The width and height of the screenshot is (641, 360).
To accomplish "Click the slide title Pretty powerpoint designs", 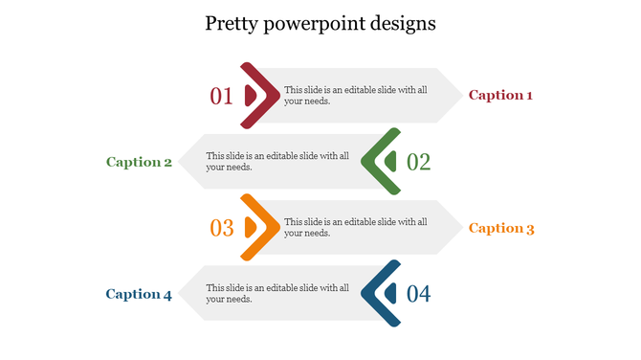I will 320,24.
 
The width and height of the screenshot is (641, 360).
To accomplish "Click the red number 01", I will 221,96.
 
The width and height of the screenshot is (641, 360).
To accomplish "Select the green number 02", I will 419,162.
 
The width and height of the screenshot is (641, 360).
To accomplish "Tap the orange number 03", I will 221,228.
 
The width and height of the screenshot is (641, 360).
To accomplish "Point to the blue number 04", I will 419,294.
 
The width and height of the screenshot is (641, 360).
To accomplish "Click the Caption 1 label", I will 500,95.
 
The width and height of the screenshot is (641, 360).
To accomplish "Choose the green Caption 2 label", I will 139,162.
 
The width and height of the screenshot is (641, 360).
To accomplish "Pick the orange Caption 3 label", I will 500,228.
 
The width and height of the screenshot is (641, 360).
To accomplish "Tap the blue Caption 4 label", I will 139,294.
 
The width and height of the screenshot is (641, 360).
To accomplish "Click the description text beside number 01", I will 356,95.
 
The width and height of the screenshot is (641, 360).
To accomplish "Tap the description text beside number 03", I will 356,227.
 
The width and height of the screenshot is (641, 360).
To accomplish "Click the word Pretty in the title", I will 231,24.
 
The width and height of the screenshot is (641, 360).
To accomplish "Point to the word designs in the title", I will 401,24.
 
